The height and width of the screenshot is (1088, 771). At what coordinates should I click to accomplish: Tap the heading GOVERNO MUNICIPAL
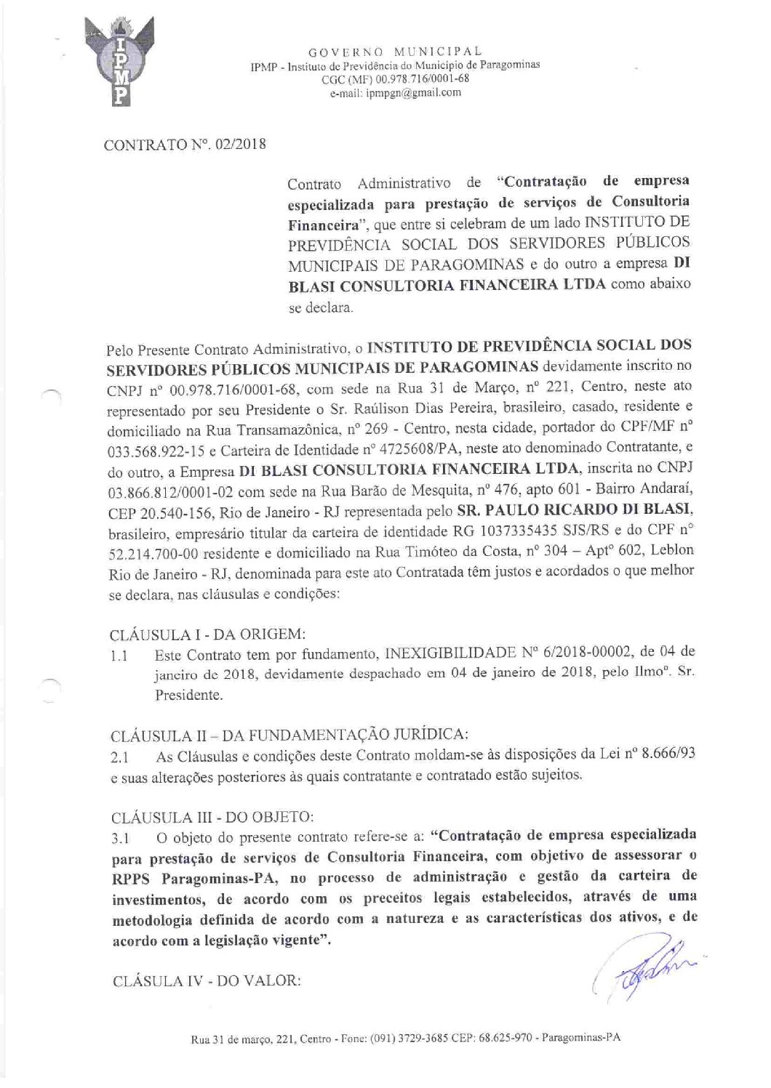pyautogui.click(x=395, y=52)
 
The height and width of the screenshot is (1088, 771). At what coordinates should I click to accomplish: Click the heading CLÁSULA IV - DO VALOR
pyautogui.click(x=207, y=980)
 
